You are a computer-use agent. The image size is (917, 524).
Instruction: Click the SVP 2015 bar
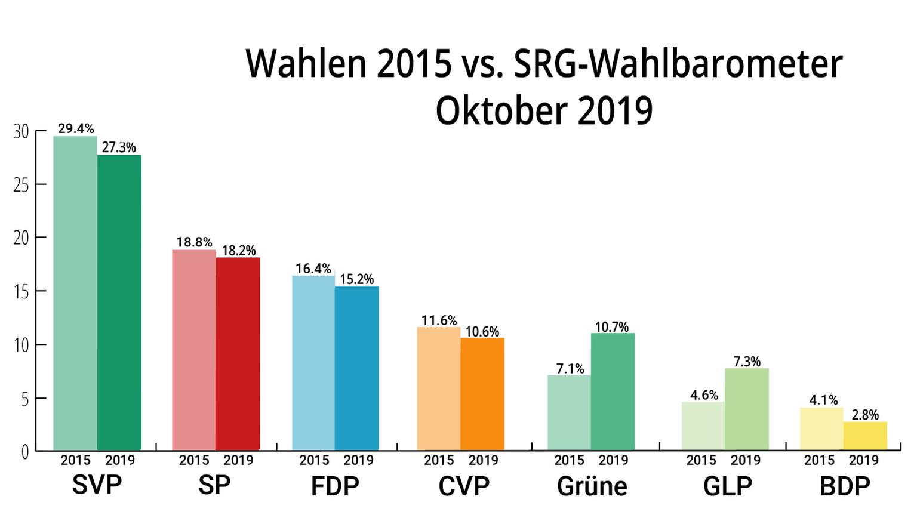(x=75, y=293)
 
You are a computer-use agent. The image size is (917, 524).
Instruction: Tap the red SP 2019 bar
(x=238, y=354)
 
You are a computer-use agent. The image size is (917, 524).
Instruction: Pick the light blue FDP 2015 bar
(x=313, y=363)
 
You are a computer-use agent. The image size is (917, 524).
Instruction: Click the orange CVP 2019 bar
(x=482, y=394)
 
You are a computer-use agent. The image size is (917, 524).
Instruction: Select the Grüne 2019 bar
(x=613, y=392)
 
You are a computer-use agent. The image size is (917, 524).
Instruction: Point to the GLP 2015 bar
(x=703, y=426)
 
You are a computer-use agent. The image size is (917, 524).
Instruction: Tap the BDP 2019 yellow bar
(x=865, y=436)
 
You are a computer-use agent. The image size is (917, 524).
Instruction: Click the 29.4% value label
(x=76, y=128)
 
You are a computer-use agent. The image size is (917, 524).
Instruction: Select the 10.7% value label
(x=612, y=327)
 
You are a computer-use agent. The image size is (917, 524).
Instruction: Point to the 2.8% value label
(x=865, y=415)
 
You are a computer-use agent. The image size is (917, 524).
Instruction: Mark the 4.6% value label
(x=704, y=395)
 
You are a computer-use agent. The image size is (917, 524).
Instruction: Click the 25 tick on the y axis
(x=21, y=185)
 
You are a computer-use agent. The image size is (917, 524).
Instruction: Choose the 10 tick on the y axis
(x=21, y=346)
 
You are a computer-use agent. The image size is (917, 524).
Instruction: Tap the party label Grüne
(x=592, y=486)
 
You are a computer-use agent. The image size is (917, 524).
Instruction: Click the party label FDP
(x=335, y=486)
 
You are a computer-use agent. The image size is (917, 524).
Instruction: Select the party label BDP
(x=845, y=486)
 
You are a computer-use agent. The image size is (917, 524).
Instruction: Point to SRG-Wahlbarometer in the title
(x=678, y=63)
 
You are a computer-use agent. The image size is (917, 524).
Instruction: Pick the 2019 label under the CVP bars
(x=483, y=461)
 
